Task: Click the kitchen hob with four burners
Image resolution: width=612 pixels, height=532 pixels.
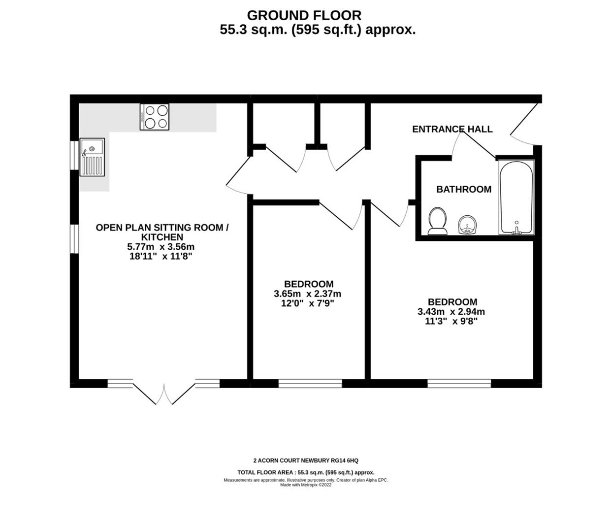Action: (155, 117)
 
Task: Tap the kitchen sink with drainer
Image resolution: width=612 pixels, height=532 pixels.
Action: (93, 157)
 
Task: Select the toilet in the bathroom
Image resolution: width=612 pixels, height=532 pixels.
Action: (437, 221)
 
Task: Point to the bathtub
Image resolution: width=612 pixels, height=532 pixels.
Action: (516, 197)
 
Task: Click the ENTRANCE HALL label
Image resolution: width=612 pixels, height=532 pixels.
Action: (452, 129)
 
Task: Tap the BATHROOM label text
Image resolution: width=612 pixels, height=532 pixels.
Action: (463, 189)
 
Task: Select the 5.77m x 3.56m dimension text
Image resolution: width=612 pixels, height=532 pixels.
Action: (161, 247)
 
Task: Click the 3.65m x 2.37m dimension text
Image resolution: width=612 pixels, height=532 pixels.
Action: (308, 294)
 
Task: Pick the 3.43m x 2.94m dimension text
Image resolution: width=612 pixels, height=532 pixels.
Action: (451, 312)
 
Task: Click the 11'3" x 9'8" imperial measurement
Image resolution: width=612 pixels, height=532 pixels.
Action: (451, 321)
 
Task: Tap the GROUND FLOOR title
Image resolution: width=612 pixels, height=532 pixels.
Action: (304, 15)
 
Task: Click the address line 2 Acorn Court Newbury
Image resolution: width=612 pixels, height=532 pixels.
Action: (306, 461)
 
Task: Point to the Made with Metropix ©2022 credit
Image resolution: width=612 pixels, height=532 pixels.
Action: (306, 485)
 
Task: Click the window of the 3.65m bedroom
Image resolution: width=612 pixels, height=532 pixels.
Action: (310, 383)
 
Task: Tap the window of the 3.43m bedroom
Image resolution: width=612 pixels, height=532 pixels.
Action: (459, 383)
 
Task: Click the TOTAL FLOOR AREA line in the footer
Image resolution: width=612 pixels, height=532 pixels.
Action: (306, 472)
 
